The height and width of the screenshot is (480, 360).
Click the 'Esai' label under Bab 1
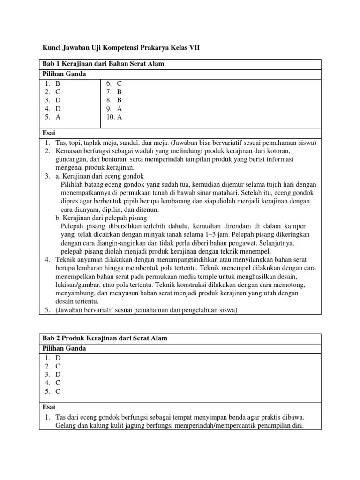click(x=49, y=133)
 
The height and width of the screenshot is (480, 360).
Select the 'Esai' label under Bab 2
click(x=49, y=407)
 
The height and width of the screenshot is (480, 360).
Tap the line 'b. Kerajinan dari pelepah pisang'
click(x=101, y=218)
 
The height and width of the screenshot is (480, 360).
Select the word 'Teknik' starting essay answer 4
click(x=66, y=260)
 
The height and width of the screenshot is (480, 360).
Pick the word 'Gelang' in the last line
click(x=67, y=426)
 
